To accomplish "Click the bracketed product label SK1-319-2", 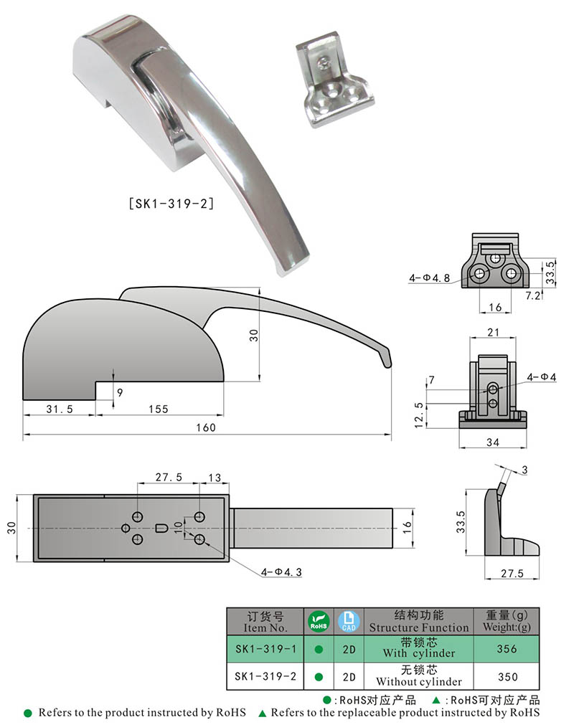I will [170, 204].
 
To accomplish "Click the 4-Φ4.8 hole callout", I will [430, 278].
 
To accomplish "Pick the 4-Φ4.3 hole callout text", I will [282, 572].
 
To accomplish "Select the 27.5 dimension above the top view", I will [169, 477].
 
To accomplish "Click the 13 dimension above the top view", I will [214, 477].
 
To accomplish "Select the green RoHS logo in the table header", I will [318, 621].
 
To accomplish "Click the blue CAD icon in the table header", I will [348, 621].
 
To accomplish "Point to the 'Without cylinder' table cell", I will [419, 676].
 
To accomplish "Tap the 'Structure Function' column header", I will [419, 621].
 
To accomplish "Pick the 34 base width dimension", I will [491, 442].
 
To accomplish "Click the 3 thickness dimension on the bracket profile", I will [524, 470].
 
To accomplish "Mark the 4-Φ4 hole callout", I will [541, 376].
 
